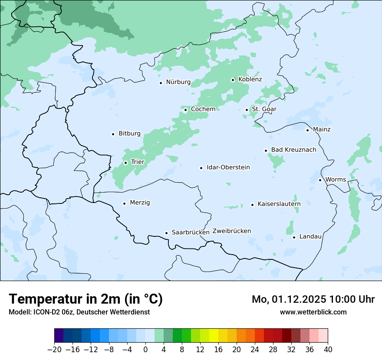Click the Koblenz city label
[250, 79]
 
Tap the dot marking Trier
[125, 163]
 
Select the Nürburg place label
[178, 82]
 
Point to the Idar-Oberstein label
[228, 167]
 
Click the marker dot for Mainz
[307, 130]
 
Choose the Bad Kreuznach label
[293, 150]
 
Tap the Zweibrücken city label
[231, 231]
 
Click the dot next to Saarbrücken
[166, 233]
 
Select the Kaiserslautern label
[279, 204]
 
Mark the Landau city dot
[294, 237]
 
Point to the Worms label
[336, 180]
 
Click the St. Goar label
[264, 109]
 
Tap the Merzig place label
[140, 203]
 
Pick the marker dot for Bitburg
[113, 134]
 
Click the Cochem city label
[203, 109]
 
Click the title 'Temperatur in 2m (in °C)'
[86, 299]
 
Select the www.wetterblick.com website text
[313, 312]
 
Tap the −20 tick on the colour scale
[54, 350]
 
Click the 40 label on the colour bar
[327, 350]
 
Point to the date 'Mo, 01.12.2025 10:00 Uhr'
[313, 299]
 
